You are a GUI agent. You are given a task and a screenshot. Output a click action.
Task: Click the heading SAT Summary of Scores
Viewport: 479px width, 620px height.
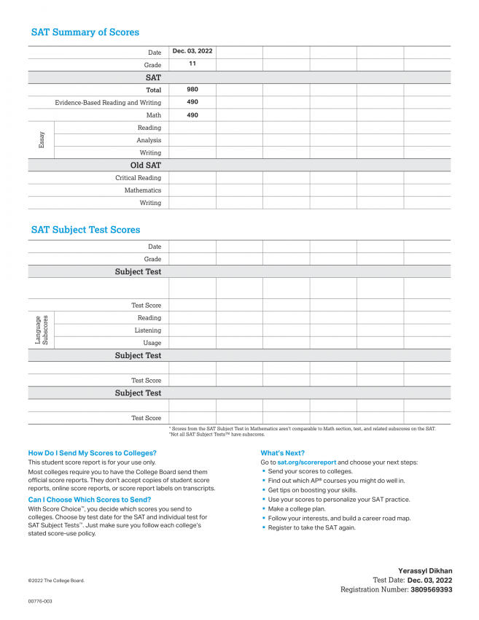85,32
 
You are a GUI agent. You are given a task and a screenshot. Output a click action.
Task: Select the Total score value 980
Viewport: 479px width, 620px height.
192,90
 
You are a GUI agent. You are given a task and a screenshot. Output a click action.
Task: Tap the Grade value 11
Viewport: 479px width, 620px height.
192,64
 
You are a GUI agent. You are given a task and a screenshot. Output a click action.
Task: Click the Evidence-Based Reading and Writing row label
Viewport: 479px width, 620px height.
108,103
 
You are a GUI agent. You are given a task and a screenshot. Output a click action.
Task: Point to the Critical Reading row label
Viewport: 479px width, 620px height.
138,178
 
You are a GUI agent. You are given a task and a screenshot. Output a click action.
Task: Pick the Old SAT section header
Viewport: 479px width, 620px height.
146,166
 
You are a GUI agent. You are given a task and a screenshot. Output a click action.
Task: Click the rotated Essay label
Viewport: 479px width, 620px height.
42,140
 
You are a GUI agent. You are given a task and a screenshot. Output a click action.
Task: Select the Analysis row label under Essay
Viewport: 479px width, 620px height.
149,140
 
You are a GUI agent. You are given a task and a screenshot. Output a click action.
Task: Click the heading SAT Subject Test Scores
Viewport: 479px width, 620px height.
85,230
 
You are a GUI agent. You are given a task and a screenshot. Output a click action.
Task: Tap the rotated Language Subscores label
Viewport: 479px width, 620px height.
42,330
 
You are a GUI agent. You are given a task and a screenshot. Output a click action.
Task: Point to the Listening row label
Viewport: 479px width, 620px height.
147,330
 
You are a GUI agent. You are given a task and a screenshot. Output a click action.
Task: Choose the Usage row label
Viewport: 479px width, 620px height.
152,343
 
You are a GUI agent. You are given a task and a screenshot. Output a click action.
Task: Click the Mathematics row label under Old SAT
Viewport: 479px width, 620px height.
142,190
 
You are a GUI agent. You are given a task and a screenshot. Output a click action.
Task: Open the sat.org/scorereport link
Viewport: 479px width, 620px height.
306,462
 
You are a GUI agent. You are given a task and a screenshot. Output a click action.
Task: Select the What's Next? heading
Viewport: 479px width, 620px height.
283,453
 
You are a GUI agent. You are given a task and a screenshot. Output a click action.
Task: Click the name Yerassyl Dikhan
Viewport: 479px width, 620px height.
425,570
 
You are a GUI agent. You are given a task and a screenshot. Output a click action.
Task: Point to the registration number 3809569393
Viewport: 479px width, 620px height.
431,589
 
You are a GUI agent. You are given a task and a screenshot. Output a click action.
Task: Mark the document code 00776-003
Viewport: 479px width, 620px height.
40,602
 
